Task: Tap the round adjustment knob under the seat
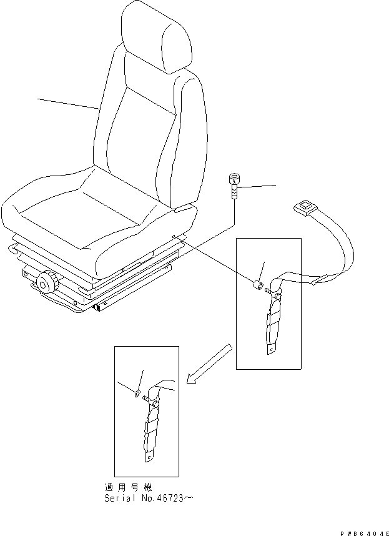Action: point(46,283)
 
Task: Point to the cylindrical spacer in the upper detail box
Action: point(256,286)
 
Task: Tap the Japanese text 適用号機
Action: point(128,487)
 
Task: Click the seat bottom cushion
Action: point(81,212)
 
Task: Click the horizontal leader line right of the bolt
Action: point(259,186)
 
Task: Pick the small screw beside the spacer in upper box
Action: point(267,289)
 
